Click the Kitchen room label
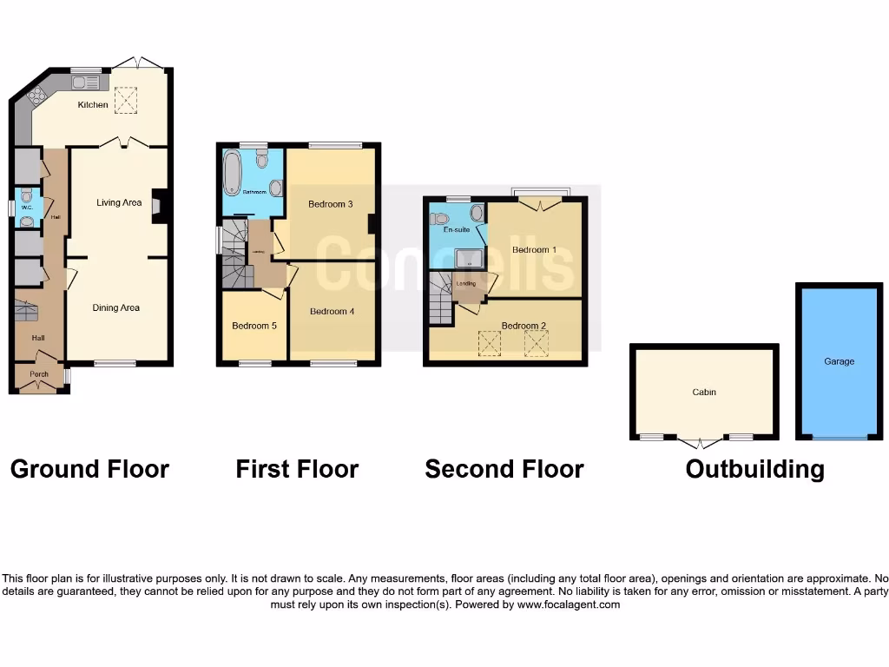point(93,105)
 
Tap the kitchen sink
point(88,83)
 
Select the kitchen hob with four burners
point(37,97)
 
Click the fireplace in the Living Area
point(158,207)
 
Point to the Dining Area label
point(116,307)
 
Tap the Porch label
point(39,375)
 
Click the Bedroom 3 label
point(330,205)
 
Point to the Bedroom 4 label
point(332,312)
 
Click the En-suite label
point(456,231)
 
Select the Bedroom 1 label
point(534,250)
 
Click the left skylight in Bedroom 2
point(491,344)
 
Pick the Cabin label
point(704,393)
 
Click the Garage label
point(840,361)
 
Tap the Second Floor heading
point(504,470)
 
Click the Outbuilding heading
point(754,470)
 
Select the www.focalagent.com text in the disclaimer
point(569,604)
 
